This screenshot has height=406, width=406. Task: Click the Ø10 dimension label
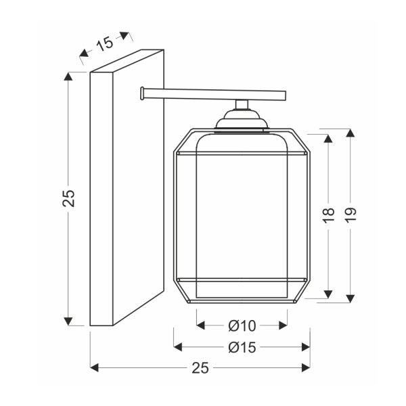click(x=242, y=325)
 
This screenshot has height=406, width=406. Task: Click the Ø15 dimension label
click(x=242, y=347)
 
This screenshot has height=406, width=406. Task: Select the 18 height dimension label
click(x=329, y=215)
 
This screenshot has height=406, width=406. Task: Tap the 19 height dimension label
click(x=351, y=215)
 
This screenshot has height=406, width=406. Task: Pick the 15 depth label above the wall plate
click(x=105, y=44)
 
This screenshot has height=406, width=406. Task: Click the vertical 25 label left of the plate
click(x=68, y=198)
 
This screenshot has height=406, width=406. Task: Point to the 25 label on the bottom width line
click(x=200, y=368)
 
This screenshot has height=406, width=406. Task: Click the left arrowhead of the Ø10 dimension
click(x=201, y=325)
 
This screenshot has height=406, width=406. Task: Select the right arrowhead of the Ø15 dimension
click(x=306, y=347)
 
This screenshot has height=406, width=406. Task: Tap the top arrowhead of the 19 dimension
click(x=351, y=133)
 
